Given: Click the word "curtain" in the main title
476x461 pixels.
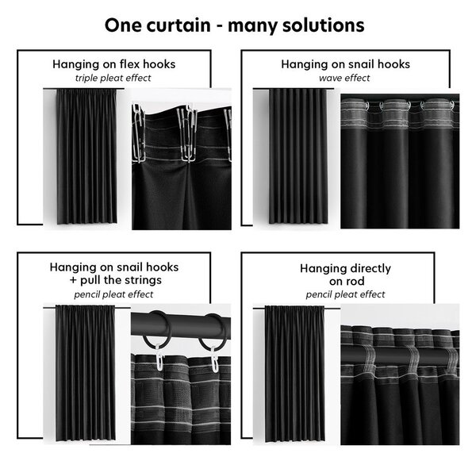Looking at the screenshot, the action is (178, 25).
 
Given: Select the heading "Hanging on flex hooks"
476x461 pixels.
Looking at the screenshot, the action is (113, 64).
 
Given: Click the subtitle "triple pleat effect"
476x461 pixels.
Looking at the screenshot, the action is (113, 78).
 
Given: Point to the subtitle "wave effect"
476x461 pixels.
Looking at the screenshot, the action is (344, 78).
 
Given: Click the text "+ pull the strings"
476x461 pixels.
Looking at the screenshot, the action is (115, 280).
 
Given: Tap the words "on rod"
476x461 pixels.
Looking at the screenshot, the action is (347, 281).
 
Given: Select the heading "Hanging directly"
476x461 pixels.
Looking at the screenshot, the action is (345, 268).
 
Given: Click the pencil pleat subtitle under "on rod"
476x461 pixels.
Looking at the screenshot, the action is (345, 294).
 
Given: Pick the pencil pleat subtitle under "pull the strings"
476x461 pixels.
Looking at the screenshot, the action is (113, 294).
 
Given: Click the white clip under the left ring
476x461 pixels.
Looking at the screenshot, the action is (159, 357).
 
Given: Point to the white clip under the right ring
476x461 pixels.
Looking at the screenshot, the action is (214, 359).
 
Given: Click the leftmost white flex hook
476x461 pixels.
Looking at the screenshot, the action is (138, 133).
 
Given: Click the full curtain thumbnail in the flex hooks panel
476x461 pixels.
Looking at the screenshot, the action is (86, 156).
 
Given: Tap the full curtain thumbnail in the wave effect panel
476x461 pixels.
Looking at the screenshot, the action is (297, 156).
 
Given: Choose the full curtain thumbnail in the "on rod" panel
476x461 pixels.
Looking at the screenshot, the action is (295, 374).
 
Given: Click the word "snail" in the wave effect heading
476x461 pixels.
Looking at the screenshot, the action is (363, 64).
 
